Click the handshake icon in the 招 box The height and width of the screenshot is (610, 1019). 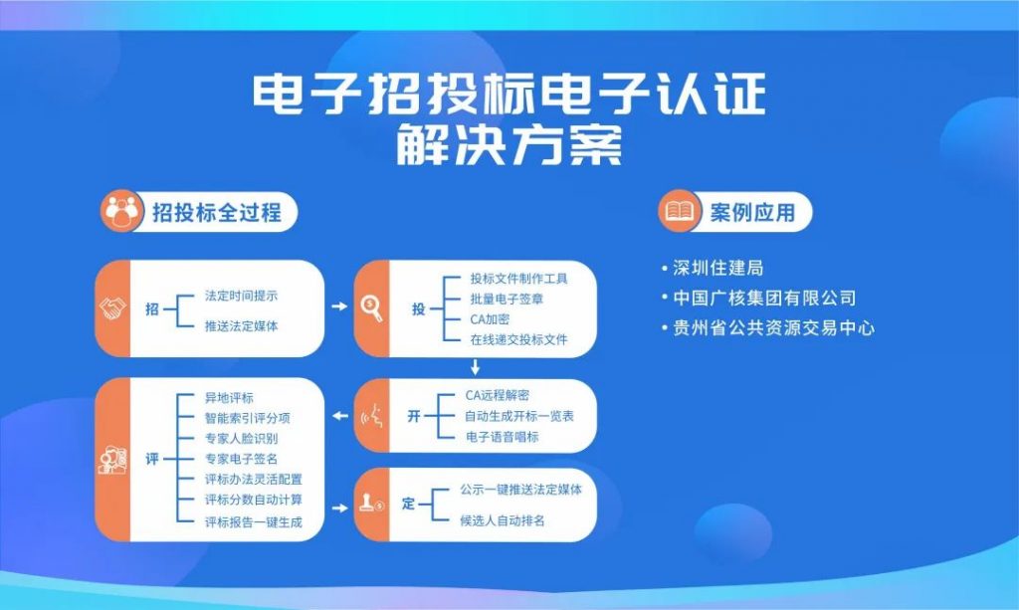tap(112, 308)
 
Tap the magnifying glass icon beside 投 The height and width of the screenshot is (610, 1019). tap(372, 307)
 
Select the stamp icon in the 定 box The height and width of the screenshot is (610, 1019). tap(371, 504)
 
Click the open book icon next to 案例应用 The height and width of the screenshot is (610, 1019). tap(680, 211)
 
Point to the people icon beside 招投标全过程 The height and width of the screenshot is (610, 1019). tap(122, 211)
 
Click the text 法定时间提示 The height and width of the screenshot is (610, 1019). tap(241, 297)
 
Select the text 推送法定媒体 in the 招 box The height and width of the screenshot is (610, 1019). tap(241, 326)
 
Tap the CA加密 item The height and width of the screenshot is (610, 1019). tap(490, 319)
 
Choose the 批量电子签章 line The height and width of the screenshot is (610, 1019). tap(507, 299)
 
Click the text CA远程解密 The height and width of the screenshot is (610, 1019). tap(498, 396)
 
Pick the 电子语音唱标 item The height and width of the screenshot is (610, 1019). tap(502, 437)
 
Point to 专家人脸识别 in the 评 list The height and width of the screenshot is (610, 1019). tap(241, 439)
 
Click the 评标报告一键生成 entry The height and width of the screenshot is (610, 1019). tap(254, 522)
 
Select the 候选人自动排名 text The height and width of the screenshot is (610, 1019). tap(503, 520)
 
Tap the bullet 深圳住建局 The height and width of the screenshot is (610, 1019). tap(713, 268)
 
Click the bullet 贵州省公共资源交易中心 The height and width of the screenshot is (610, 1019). tap(767, 328)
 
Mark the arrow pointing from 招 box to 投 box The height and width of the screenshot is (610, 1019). tap(339, 305)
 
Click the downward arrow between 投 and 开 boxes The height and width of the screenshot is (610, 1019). tap(475, 367)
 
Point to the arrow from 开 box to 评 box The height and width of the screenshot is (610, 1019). tap(340, 416)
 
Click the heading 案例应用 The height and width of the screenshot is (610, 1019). tap(752, 212)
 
